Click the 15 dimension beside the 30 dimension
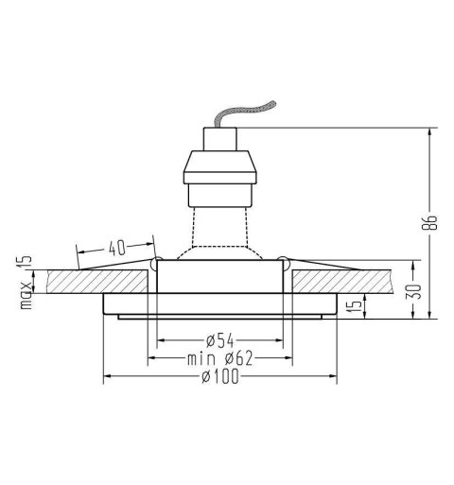coord(350,307)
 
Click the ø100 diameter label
coord(219,377)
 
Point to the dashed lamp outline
coord(218,227)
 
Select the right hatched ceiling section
coord(350,281)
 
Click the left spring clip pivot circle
coord(157,260)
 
